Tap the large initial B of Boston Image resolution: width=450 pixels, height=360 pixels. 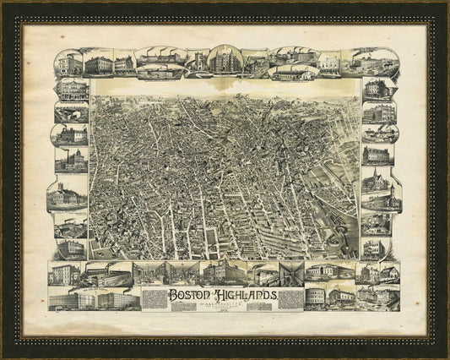tap(174, 296)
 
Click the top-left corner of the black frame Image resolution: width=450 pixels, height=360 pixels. tap(3, 3)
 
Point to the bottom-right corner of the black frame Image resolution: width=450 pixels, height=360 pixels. tap(447, 357)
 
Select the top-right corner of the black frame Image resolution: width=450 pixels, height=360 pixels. tap(447, 3)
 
